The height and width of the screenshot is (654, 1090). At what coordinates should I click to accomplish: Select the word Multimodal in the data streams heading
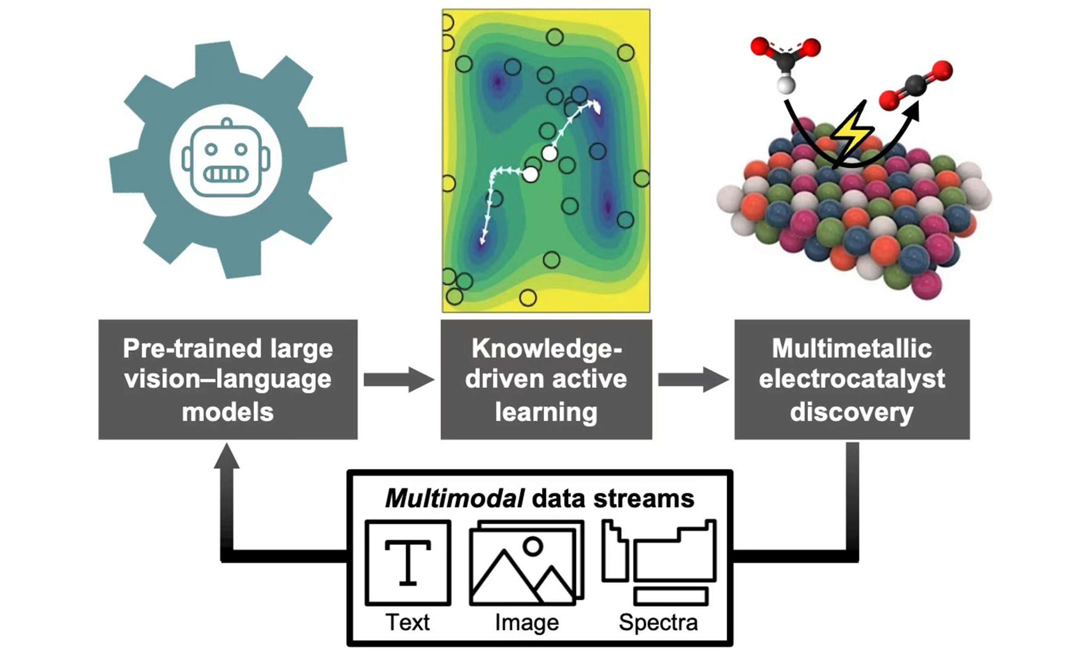(x=455, y=499)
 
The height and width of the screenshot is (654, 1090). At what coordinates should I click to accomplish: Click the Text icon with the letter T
(x=407, y=563)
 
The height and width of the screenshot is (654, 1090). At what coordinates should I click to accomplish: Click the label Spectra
(x=658, y=622)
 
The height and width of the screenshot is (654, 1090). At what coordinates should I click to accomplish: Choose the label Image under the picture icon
(x=527, y=622)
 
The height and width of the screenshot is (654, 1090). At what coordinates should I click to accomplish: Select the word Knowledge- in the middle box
(x=546, y=349)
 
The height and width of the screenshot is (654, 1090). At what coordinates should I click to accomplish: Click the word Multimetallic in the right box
(x=852, y=349)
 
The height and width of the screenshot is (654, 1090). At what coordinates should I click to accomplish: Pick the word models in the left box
(x=228, y=413)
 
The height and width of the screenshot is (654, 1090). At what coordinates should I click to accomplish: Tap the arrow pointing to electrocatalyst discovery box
(x=693, y=379)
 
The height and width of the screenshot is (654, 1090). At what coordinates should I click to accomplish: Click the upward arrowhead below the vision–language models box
(x=227, y=457)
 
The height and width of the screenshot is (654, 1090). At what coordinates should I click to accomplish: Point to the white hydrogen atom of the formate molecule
(x=786, y=85)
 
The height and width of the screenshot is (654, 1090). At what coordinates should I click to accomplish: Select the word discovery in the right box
(x=852, y=413)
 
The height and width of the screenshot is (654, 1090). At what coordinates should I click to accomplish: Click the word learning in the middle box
(x=546, y=413)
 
